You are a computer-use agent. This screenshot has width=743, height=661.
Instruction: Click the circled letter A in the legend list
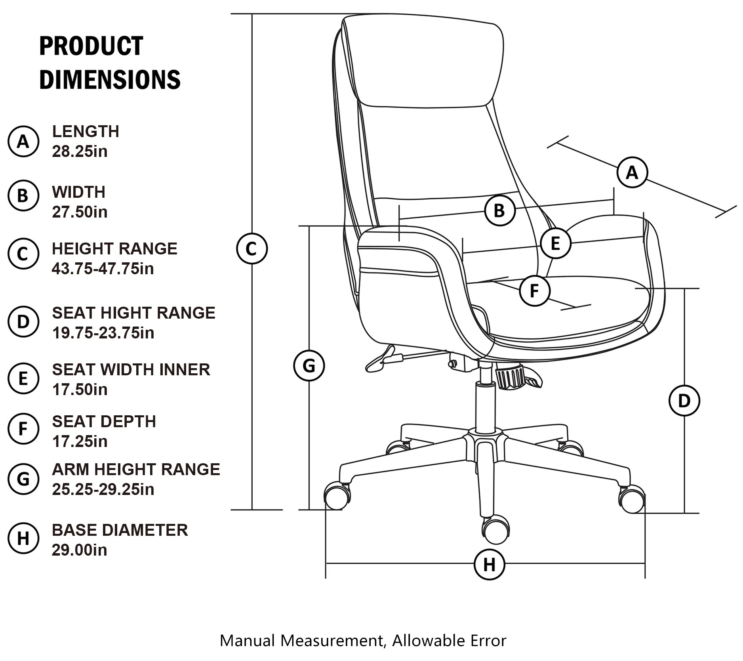click(x=23, y=141)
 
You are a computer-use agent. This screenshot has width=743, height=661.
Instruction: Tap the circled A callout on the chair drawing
click(x=632, y=172)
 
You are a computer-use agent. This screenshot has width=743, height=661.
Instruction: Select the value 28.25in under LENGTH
click(x=80, y=151)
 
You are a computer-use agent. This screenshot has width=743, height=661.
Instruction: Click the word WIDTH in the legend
click(x=78, y=192)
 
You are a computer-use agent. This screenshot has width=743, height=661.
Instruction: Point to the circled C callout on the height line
click(x=252, y=248)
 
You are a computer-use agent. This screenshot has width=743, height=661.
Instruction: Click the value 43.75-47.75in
click(x=103, y=269)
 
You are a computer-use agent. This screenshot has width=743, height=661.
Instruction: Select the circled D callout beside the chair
click(x=684, y=401)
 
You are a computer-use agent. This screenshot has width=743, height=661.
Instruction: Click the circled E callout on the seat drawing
click(x=555, y=243)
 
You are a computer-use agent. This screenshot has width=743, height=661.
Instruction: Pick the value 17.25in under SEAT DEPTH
click(x=80, y=441)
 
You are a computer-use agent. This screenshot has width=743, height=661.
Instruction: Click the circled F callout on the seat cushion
click(x=534, y=291)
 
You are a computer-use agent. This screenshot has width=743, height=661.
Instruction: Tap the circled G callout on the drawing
click(x=309, y=365)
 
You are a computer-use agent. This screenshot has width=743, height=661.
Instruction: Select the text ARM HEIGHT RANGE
click(x=136, y=470)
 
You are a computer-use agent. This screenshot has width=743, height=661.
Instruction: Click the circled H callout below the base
click(x=489, y=564)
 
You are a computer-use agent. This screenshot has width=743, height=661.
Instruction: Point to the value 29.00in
click(x=79, y=550)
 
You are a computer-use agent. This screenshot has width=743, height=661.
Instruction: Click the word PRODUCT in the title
click(x=91, y=46)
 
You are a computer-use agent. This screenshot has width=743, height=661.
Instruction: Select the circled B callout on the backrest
click(x=499, y=210)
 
